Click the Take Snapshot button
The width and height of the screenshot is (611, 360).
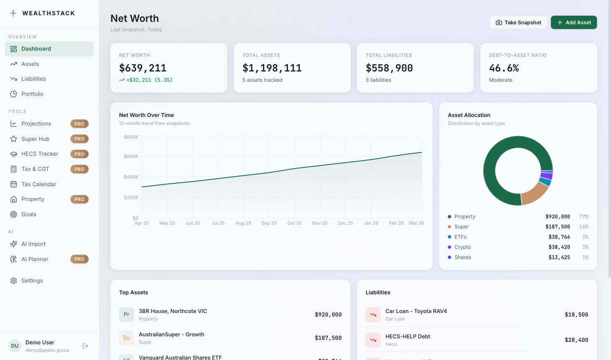[518, 23]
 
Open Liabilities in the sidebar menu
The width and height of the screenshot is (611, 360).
[33, 79]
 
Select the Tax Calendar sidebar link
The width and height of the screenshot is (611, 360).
[39, 184]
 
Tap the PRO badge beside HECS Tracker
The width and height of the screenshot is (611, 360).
[80, 154]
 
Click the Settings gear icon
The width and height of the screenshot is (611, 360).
[14, 281]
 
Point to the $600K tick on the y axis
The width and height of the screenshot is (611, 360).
[131, 157]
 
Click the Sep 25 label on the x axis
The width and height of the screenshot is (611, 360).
[269, 223]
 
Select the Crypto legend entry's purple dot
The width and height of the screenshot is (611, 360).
[449, 247]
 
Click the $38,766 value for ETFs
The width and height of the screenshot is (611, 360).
[559, 237]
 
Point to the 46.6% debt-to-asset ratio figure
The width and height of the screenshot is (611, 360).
[504, 68]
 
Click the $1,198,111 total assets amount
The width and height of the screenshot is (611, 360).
[272, 68]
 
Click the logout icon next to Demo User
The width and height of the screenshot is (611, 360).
[85, 346]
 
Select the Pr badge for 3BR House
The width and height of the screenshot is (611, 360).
[126, 315]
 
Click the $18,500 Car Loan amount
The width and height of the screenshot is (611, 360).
[576, 315]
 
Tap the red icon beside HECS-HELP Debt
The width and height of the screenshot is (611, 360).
[373, 340]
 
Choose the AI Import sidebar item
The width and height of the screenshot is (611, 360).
[33, 244]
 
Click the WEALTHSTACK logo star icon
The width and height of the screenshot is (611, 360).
[13, 13]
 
